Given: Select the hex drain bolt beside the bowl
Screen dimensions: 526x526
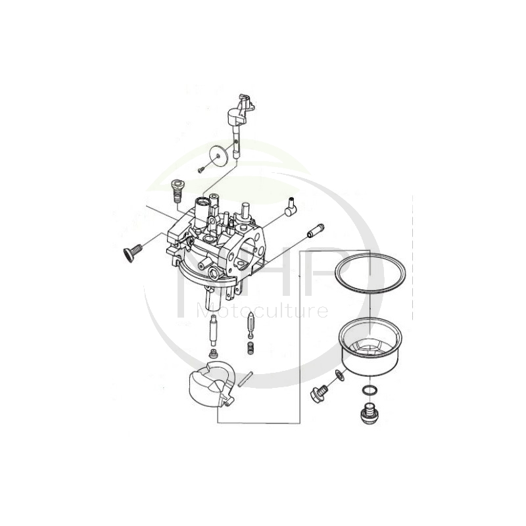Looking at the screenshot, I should coord(316,395).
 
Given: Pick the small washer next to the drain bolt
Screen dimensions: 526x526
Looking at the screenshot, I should coord(338,375).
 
